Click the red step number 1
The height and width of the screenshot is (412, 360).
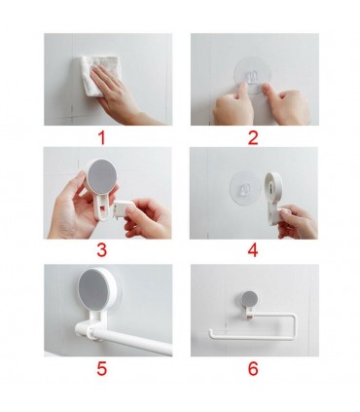pos(102,137)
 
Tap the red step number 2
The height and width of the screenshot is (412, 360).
pos(253,137)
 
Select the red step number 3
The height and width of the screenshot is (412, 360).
pos(101,250)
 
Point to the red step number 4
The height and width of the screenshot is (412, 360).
pos(253,250)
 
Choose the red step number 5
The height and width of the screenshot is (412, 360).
pos(101,368)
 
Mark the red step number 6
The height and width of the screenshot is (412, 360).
pos(253,368)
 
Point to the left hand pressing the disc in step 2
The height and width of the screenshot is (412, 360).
pos(233,104)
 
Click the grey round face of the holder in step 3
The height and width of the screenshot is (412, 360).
pos(102,176)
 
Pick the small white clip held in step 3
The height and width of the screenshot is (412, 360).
pos(122,208)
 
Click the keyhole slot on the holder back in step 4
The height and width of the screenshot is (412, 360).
pos(273,188)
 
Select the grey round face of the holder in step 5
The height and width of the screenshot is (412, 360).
pos(94,287)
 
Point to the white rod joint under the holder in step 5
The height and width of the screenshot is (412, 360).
pos(89,330)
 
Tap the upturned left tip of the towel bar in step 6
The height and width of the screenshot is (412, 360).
pos(211,333)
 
